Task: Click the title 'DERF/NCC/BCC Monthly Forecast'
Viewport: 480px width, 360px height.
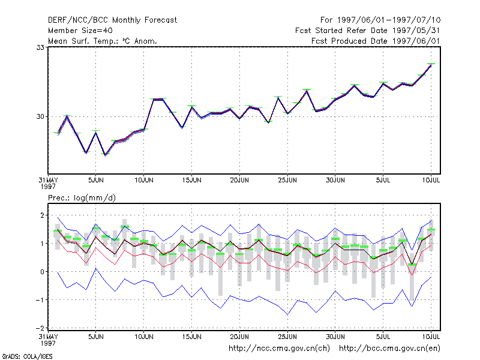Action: [x=112, y=20]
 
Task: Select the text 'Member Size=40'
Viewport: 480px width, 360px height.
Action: [x=80, y=31]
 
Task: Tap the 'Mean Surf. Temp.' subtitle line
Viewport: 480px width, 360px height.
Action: [x=103, y=41]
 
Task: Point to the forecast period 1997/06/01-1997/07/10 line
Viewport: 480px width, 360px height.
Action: [x=380, y=20]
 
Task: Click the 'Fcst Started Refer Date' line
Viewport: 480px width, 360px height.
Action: [x=367, y=31]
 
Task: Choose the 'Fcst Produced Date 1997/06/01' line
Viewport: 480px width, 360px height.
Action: [x=376, y=41]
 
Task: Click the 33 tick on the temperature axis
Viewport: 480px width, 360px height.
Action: [x=40, y=47]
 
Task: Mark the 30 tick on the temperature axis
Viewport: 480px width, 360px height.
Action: [x=40, y=116]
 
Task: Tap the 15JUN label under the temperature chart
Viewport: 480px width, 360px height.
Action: [x=191, y=181]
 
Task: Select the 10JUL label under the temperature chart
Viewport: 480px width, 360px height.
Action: [x=431, y=181]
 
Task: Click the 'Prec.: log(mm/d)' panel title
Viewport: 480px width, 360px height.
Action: [x=82, y=198]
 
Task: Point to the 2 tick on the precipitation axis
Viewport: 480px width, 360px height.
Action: [x=42, y=215]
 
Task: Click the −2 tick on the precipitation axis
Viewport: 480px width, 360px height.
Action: [x=40, y=328]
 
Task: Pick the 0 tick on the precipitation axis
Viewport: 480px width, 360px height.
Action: [x=42, y=272]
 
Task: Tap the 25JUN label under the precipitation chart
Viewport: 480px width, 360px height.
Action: [x=287, y=337]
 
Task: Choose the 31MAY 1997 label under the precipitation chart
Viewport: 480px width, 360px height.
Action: [x=48, y=340]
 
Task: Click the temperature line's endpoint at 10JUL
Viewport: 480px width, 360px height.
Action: [x=431, y=65]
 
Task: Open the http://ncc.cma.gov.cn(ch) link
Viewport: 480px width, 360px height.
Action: [x=279, y=349]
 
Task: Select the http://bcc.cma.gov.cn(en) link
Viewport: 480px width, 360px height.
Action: [x=389, y=349]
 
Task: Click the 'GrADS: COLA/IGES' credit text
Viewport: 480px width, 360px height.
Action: [x=27, y=356]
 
